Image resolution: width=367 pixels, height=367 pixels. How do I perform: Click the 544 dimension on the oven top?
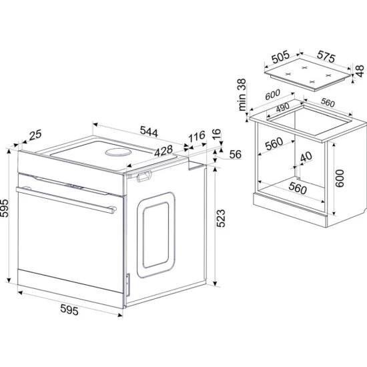[149, 131]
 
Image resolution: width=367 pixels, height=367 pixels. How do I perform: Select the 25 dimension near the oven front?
[35, 135]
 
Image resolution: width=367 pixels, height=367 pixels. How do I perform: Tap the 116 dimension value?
[197, 137]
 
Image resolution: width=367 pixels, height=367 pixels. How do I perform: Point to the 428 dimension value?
[163, 151]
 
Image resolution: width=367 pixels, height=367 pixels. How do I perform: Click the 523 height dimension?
[221, 218]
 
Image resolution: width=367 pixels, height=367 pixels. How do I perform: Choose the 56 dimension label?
[235, 154]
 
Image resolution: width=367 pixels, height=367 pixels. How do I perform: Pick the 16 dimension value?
[217, 134]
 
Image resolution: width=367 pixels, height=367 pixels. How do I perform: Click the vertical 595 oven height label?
[4, 208]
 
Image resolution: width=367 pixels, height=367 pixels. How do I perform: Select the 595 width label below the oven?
[69, 310]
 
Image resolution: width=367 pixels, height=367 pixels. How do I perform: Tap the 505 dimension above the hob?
[281, 57]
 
